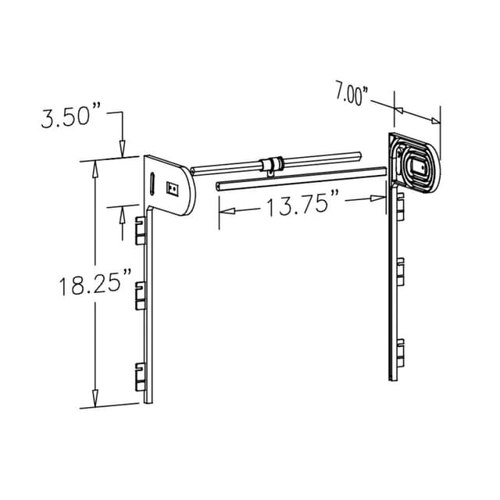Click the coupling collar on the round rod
271,164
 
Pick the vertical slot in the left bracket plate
152,184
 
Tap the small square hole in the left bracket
173,187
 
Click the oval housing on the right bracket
418,165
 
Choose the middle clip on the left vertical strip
141,294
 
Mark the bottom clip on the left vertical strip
141,377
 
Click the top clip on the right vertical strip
400,205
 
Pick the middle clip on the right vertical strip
400,273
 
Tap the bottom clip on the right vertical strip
400,352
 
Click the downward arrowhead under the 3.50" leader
122,148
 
